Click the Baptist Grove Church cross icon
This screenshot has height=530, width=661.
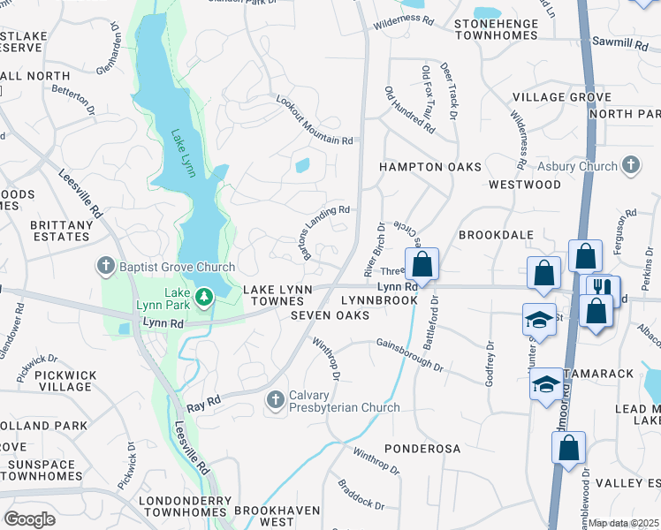point(104,266)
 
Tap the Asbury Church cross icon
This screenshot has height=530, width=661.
point(630,165)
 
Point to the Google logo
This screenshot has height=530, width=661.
point(29,519)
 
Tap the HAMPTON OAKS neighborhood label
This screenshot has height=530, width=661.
point(430,167)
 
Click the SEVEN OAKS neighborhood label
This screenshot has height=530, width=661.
point(330,315)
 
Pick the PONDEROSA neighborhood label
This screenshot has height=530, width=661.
point(422,449)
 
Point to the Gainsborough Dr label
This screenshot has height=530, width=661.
point(409,353)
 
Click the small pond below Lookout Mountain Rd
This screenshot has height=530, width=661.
point(303,165)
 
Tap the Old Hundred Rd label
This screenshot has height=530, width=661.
point(409,110)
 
